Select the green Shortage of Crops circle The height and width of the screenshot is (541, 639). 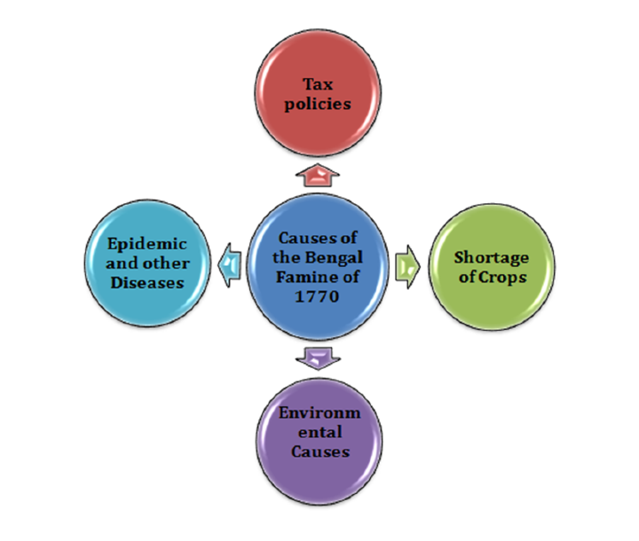pyautogui.click(x=492, y=267)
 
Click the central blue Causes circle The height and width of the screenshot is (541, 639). pyautogui.click(x=319, y=265)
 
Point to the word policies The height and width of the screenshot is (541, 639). pyautogui.click(x=319, y=104)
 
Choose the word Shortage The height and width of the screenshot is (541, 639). pyautogui.click(x=492, y=258)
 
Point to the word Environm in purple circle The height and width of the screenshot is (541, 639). pyautogui.click(x=319, y=414)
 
